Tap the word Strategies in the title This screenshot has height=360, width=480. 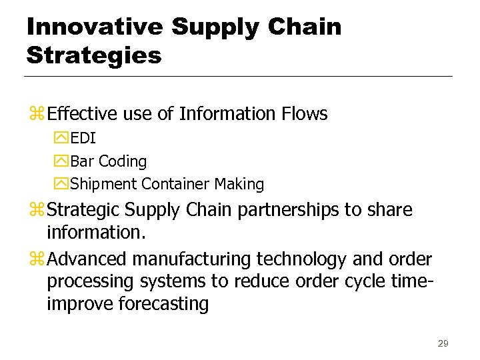coord(94,55)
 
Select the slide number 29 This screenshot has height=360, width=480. coord(443,343)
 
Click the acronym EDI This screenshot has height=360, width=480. coord(83,139)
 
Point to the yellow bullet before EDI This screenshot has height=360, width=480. coord(62,139)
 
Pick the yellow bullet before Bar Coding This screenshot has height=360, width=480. coord(62,161)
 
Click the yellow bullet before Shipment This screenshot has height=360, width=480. coord(62,184)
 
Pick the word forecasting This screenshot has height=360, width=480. coord(163,304)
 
